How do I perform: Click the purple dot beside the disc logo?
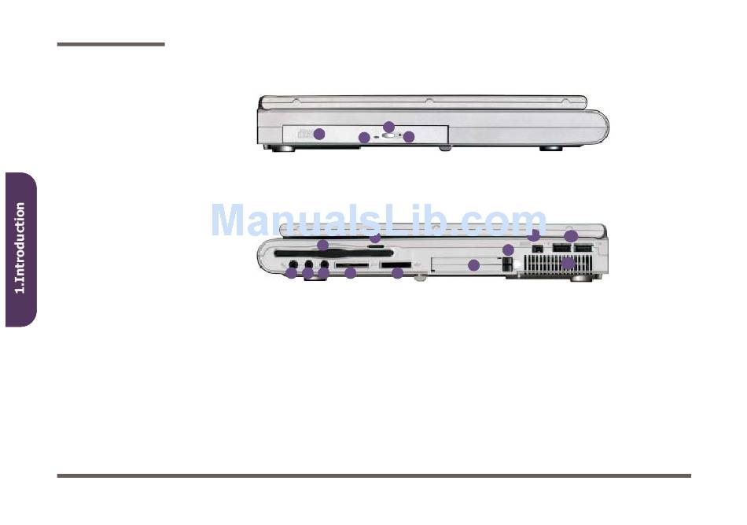coord(319,134)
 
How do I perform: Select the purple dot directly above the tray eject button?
coord(388,127)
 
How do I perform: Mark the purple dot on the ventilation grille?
coord(568,263)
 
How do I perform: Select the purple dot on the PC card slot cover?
coord(473,265)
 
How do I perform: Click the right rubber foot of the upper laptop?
coord(550,149)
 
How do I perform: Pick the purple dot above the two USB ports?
coord(572,235)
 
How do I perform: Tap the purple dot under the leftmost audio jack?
coord(291,273)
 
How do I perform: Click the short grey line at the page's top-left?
coord(111,44)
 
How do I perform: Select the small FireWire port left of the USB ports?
coord(538,249)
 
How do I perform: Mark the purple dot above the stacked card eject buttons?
coord(508,250)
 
